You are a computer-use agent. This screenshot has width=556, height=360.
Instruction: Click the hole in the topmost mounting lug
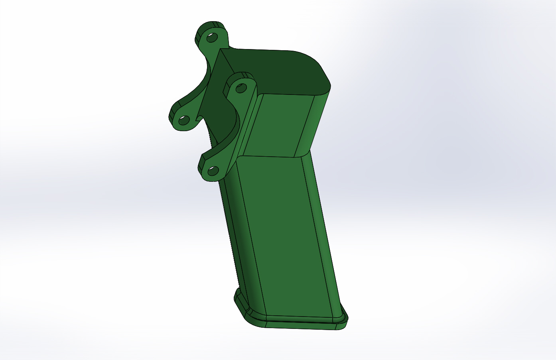[x=212, y=38]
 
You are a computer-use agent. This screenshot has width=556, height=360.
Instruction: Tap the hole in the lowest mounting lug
[x=214, y=171]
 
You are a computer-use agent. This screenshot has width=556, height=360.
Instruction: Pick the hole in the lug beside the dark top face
[x=241, y=88]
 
